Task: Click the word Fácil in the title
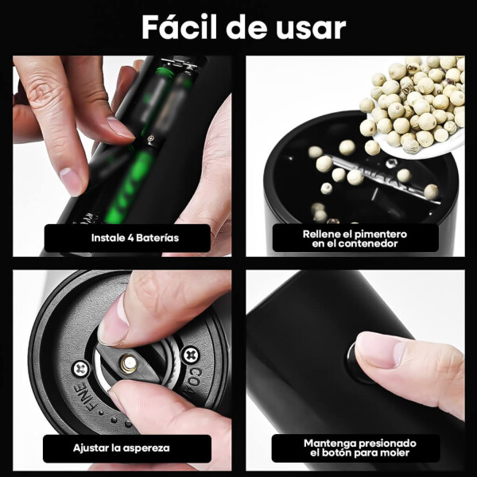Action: [x=179, y=27]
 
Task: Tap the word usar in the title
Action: [x=311, y=29]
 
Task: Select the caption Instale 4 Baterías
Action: [x=135, y=238]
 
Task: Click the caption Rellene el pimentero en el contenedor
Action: [x=355, y=238]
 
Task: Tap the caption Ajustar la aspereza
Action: [x=121, y=448]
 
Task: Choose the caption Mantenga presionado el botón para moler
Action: [x=359, y=448]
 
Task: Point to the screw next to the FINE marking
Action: [x=81, y=370]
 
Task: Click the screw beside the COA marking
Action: [x=191, y=355]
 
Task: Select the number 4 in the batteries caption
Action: [x=130, y=238]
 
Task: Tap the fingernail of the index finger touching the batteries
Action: [x=119, y=128]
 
